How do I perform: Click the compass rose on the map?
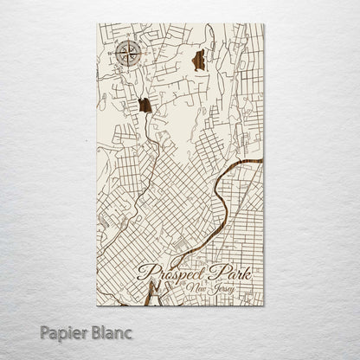coord(129,54)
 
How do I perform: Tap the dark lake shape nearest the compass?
coord(145,106)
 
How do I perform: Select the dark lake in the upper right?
coord(198,60)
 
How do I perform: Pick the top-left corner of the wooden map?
coord(98,24)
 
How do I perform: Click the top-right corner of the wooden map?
coord(264,24)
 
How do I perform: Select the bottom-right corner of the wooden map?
coord(264,306)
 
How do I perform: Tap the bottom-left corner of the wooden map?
coord(98,306)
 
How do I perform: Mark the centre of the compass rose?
coord(129,54)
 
